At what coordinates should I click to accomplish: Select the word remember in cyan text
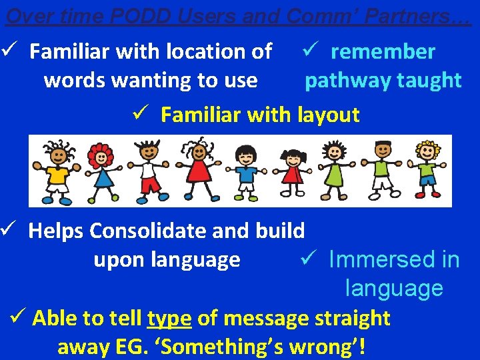pyautogui.click(x=383, y=51)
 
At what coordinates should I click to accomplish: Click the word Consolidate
pyautogui.click(x=169, y=231)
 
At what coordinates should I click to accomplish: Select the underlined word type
pyautogui.click(x=170, y=319)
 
